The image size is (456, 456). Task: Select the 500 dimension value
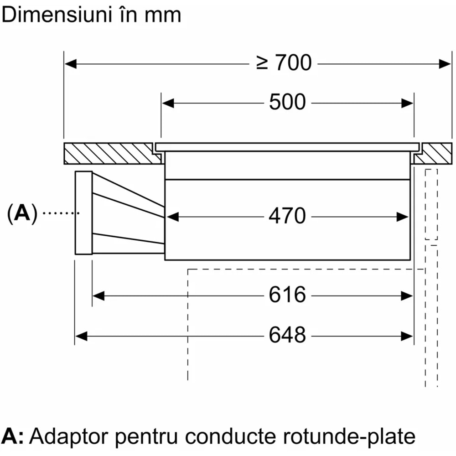click(x=287, y=102)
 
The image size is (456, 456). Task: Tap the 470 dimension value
click(x=287, y=216)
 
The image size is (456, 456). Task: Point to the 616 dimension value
click(x=287, y=295)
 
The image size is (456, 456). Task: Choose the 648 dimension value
click(x=287, y=336)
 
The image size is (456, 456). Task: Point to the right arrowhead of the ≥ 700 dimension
click(x=445, y=63)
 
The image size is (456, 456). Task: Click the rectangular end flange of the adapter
click(x=83, y=213)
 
